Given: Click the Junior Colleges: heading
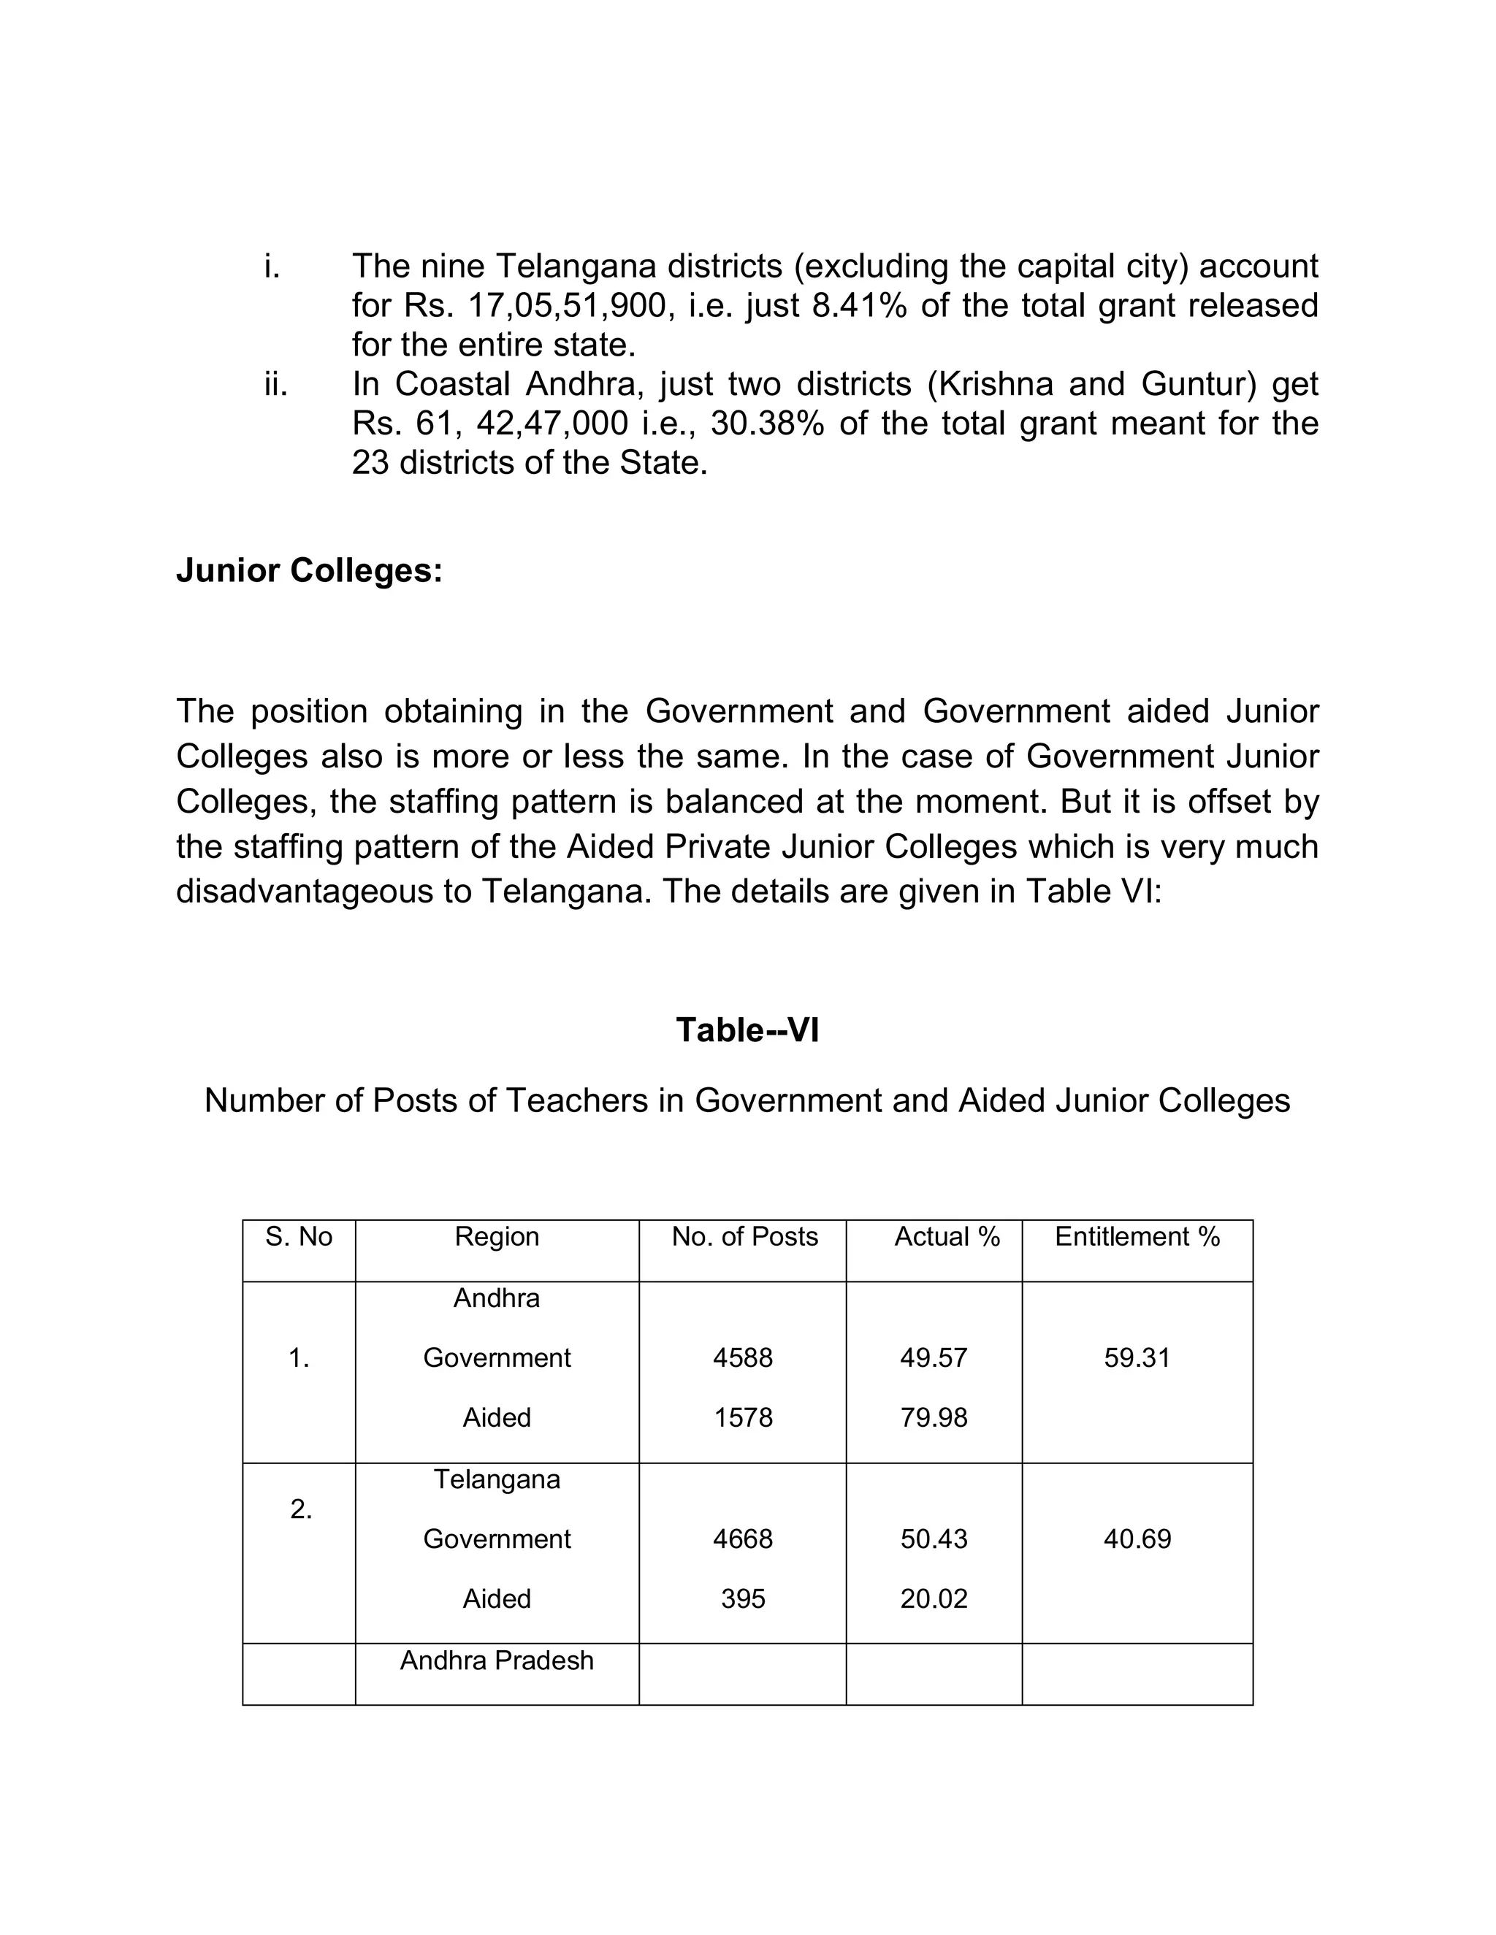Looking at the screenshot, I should click(x=308, y=570).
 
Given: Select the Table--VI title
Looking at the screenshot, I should click(x=747, y=1030).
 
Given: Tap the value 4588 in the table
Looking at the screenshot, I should click(x=743, y=1357).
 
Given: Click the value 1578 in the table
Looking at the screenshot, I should click(x=743, y=1417).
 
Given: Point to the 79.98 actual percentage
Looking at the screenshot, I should click(x=934, y=1417).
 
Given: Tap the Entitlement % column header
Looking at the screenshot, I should click(x=1137, y=1237).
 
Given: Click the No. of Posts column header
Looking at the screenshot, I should click(x=744, y=1237).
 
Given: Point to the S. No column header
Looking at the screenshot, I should click(x=299, y=1237).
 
